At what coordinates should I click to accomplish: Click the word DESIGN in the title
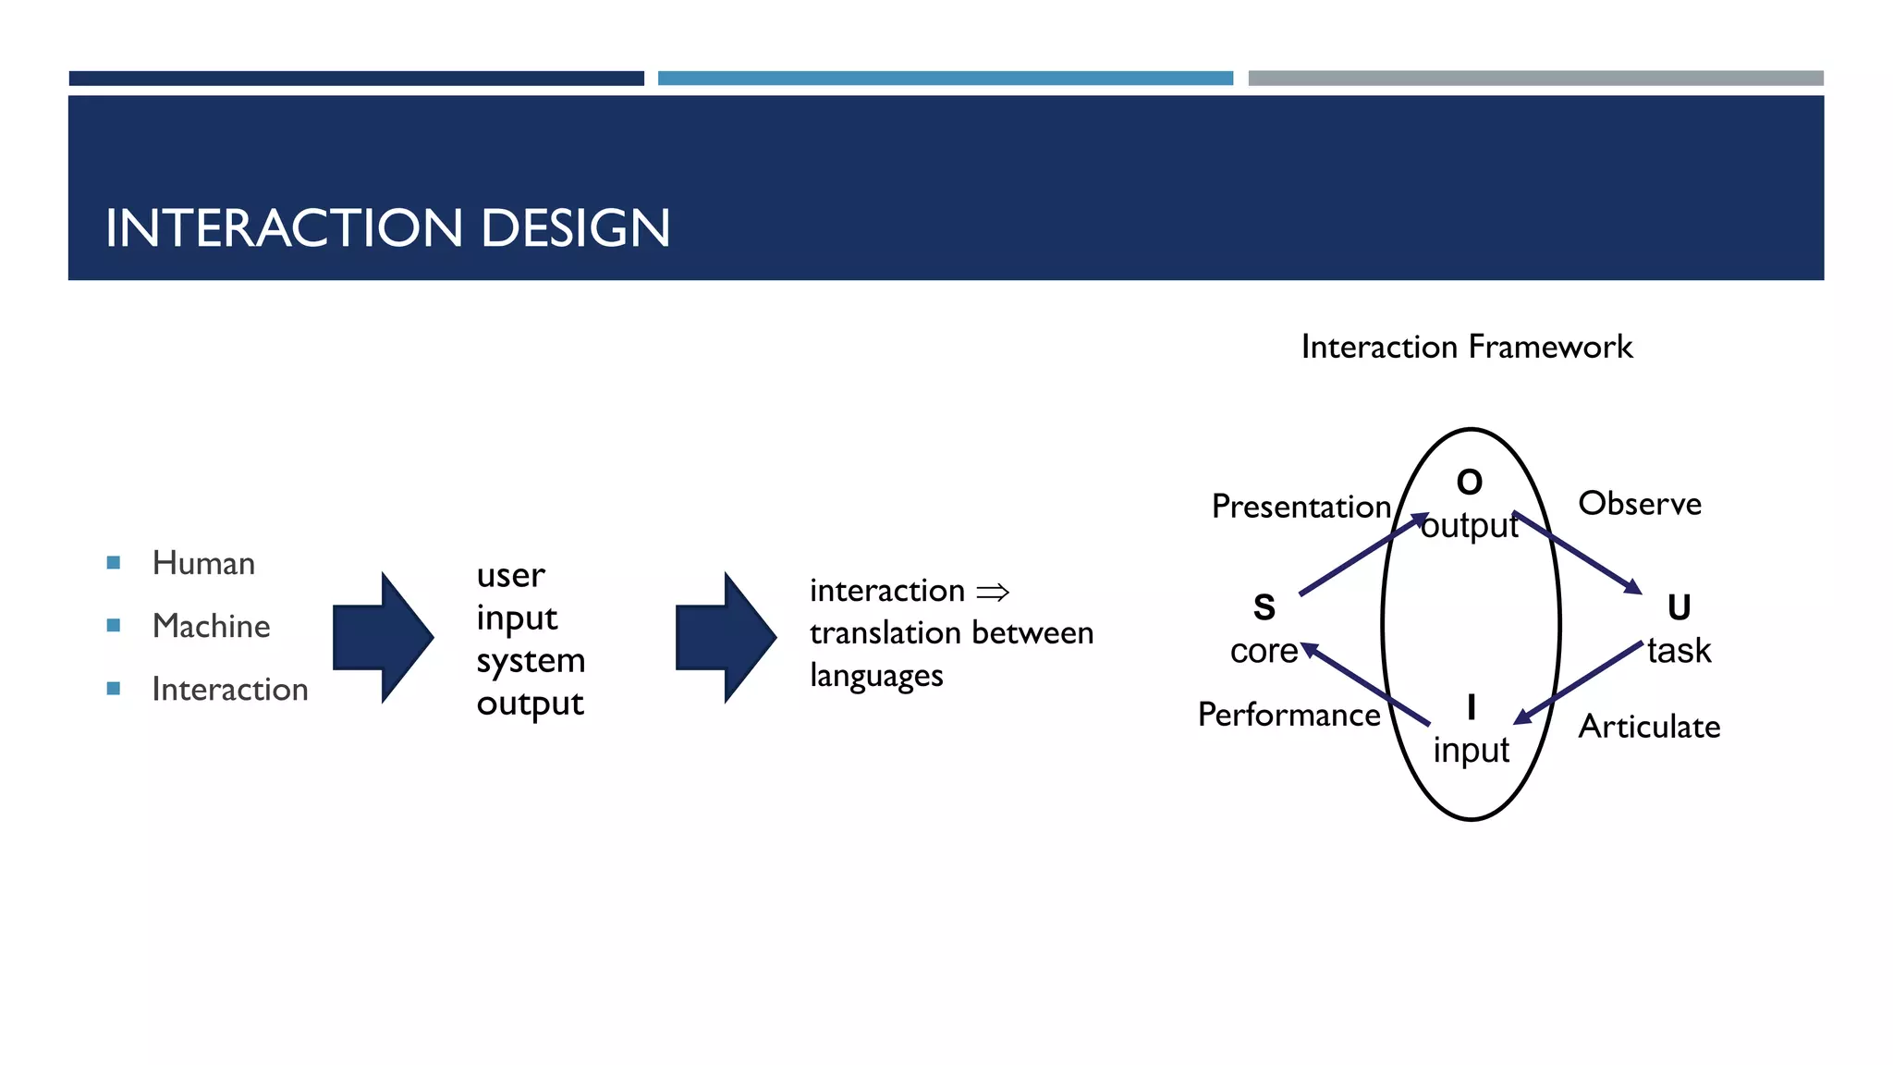(x=575, y=228)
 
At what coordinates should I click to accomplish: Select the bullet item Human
(x=203, y=563)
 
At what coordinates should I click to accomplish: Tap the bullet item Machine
(x=211, y=626)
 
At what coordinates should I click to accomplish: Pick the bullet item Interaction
(x=229, y=689)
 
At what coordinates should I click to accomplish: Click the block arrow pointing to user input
(x=382, y=637)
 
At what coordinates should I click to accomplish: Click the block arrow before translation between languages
(x=725, y=637)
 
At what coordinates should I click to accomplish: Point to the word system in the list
(x=531, y=660)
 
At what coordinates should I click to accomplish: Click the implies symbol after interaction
(x=993, y=592)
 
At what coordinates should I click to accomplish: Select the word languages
(x=876, y=676)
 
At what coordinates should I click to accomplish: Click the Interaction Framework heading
(x=1466, y=347)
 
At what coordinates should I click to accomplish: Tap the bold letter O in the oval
(x=1469, y=482)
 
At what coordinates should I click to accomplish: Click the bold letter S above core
(x=1264, y=607)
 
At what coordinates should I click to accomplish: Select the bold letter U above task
(x=1679, y=607)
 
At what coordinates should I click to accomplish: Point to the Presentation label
(x=1301, y=507)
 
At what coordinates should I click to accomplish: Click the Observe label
(x=1639, y=504)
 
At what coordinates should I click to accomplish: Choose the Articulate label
(x=1648, y=727)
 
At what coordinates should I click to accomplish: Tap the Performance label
(x=1288, y=715)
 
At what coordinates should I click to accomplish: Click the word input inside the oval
(x=1471, y=750)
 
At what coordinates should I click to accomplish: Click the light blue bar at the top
(x=945, y=79)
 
